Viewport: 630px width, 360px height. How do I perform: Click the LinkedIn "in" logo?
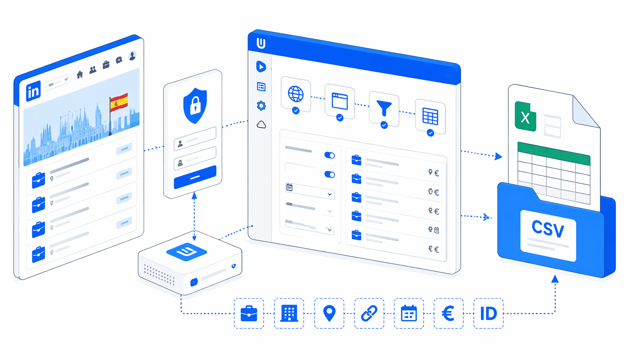point(33,91)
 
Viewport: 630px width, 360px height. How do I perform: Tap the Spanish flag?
point(119,102)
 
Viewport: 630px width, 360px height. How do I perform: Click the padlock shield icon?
point(195,105)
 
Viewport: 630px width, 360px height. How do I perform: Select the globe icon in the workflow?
point(296,94)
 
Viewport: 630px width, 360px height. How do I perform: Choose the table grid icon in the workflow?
point(430,117)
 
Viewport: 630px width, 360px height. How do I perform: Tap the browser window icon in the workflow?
point(340,101)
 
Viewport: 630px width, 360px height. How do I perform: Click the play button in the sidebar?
point(261,66)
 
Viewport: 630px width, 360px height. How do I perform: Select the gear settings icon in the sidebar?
point(261,105)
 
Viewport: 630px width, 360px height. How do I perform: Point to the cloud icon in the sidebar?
point(261,124)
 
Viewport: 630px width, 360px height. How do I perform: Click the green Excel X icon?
point(525,116)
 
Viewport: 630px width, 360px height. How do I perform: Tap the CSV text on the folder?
point(548,229)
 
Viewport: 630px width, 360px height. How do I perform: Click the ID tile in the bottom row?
point(488,313)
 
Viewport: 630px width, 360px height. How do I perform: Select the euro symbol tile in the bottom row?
point(449,313)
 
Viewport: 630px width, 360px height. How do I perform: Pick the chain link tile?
point(369,313)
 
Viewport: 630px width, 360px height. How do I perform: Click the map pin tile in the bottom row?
point(329,313)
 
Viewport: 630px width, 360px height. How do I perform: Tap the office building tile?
point(289,313)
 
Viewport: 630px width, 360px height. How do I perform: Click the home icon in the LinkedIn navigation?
point(80,74)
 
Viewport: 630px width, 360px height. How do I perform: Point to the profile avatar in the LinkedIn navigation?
point(133,56)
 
